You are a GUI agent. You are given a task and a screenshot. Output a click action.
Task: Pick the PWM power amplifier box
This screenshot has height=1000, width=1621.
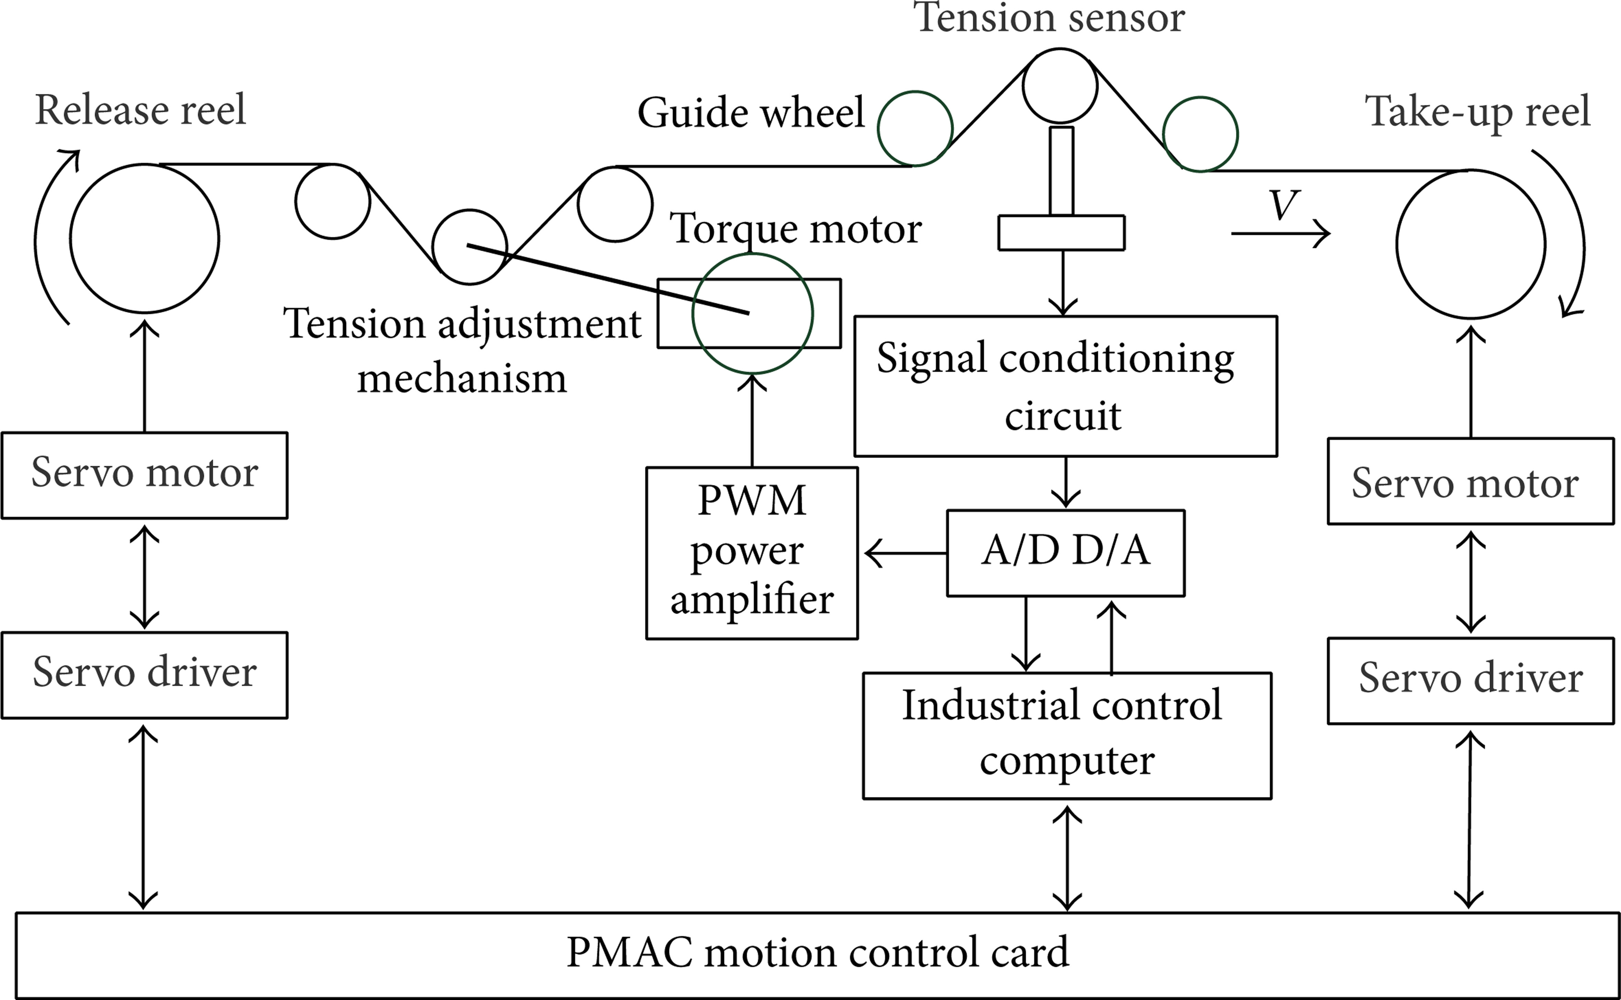(752, 553)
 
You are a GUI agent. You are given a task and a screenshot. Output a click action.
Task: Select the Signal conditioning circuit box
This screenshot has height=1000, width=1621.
(1065, 386)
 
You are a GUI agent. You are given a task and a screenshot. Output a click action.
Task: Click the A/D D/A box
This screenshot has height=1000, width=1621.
(1065, 553)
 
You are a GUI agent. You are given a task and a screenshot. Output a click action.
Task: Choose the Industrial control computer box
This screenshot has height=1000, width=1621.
(1066, 735)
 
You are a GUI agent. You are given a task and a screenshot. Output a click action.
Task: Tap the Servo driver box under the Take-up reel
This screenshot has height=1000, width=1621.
(1470, 680)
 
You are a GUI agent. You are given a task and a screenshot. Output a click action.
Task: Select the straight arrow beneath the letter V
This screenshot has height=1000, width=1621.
(1280, 233)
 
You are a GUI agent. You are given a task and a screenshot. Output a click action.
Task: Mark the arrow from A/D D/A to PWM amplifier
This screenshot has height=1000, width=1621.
(904, 553)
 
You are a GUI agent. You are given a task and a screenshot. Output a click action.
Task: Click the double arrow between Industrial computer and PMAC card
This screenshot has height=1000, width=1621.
(1066, 856)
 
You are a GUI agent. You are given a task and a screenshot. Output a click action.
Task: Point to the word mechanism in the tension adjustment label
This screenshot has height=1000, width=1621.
(461, 380)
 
